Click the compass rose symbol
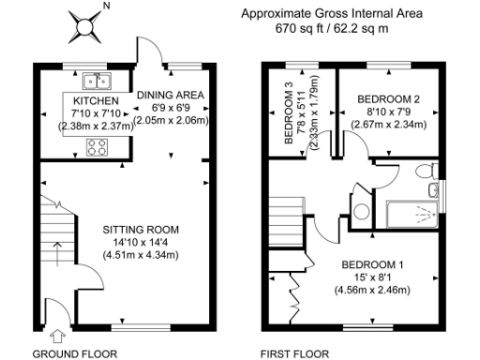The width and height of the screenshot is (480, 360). (83, 25)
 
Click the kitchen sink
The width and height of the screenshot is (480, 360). (97, 80)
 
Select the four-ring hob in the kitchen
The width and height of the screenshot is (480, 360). (97, 145)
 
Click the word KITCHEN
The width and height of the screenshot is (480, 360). (96, 99)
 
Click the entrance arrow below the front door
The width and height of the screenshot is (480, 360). (59, 334)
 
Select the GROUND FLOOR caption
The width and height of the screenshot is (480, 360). (75, 353)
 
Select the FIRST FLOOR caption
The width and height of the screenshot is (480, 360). (294, 353)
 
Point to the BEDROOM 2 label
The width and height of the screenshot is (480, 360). (383, 98)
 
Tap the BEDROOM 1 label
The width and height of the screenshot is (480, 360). (372, 263)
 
